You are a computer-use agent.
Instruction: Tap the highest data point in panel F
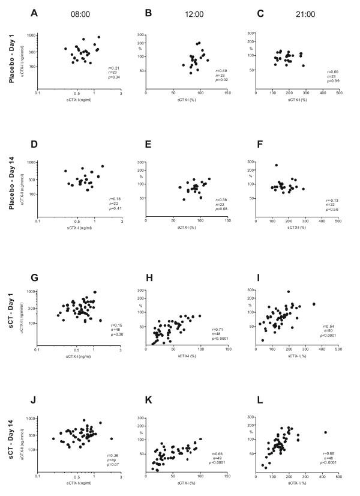click(x=276, y=165)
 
